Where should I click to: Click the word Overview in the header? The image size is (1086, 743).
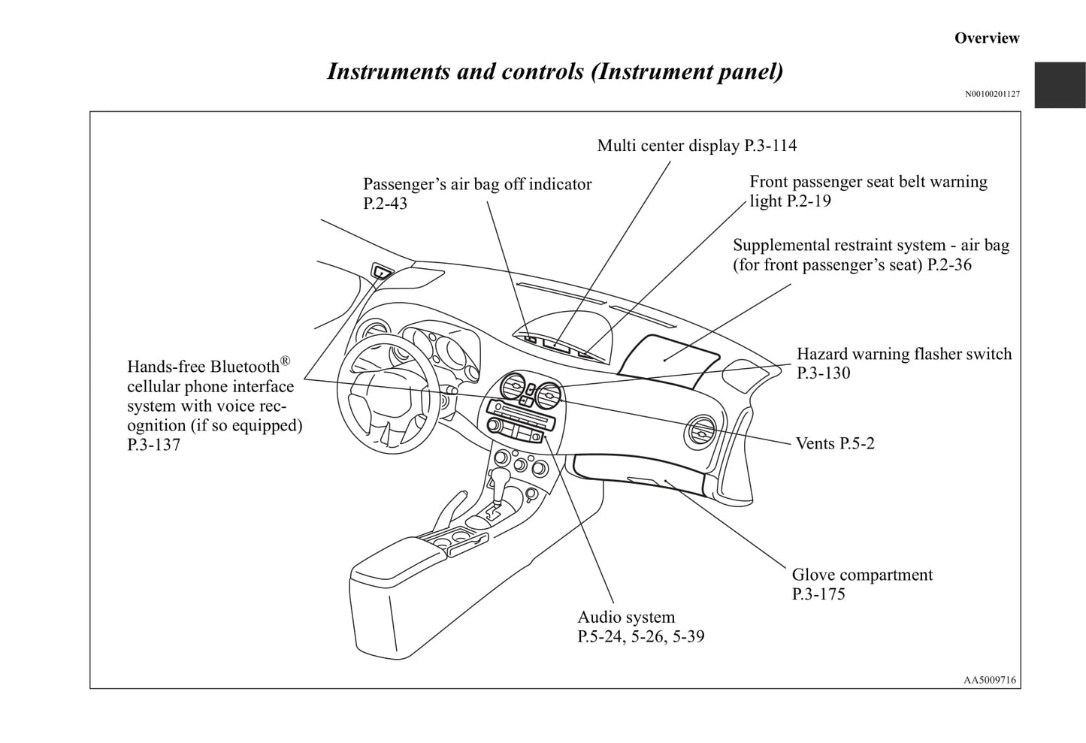click(986, 38)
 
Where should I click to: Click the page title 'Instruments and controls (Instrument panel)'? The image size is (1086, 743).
click(555, 71)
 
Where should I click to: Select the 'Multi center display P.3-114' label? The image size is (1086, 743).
click(697, 146)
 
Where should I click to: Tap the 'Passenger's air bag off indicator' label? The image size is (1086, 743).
click(477, 185)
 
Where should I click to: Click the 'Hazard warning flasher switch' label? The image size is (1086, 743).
click(903, 355)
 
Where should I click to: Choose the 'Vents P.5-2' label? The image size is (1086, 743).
click(835, 443)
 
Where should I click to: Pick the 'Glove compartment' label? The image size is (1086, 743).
click(861, 575)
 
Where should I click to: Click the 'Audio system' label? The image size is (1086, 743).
click(626, 618)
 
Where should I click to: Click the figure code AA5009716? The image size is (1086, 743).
click(989, 680)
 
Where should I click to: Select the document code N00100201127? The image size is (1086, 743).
click(992, 94)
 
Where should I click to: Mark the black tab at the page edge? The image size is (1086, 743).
click(1060, 85)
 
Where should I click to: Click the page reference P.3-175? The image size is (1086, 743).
click(818, 595)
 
